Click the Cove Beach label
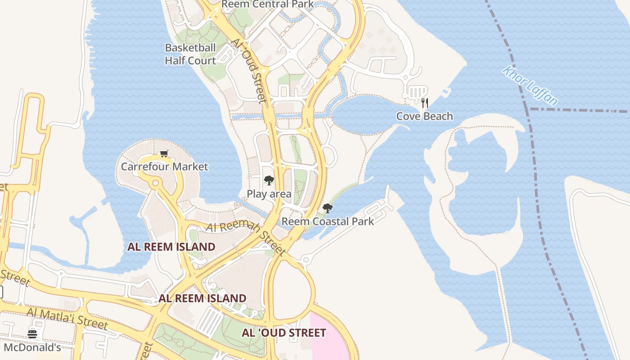(x=424, y=116)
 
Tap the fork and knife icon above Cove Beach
(x=424, y=103)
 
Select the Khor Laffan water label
(x=530, y=85)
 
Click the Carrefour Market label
(x=164, y=166)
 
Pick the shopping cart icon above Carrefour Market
(x=164, y=154)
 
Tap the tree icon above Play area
(x=269, y=180)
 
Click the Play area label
(x=269, y=194)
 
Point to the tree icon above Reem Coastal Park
(x=328, y=208)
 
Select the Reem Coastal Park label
(x=328, y=221)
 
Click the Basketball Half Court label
(x=190, y=54)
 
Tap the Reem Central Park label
(x=268, y=4)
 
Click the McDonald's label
(x=32, y=347)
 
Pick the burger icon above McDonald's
(x=32, y=334)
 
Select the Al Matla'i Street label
(x=67, y=318)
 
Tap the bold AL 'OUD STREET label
(x=283, y=333)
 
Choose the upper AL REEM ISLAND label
(x=171, y=247)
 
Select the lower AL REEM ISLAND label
(x=202, y=298)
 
